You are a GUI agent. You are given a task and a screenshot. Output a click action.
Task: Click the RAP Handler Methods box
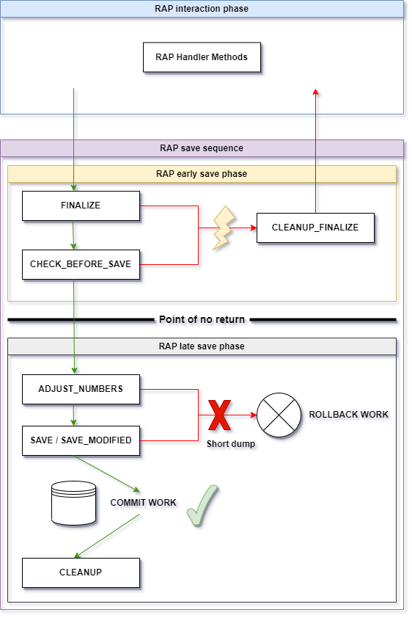[202, 57]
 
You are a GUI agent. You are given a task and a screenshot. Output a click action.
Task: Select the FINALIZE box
[81, 206]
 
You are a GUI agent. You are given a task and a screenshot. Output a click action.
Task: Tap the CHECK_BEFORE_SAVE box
[81, 264]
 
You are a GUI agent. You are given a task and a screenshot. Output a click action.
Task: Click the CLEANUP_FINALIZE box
[315, 228]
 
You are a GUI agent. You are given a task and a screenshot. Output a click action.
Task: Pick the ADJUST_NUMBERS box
[81, 390]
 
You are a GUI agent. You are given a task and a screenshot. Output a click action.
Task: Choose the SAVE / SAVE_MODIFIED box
[81, 440]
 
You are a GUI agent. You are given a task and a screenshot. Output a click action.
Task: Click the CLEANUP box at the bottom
[81, 572]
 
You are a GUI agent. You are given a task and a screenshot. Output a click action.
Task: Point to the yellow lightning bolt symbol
[224, 228]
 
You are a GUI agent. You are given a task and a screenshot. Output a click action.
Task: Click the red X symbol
[220, 415]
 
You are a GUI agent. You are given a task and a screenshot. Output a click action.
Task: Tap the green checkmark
[202, 506]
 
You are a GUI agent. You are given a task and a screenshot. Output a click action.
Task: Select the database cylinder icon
[73, 504]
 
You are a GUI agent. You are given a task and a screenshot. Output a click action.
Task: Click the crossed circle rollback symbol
[279, 415]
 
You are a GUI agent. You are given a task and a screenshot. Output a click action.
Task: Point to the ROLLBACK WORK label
[349, 415]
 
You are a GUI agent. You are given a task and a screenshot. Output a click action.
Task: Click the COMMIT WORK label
[143, 503]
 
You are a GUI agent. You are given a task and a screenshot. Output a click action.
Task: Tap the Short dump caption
[231, 444]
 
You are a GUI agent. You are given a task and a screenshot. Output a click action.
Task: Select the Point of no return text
[202, 319]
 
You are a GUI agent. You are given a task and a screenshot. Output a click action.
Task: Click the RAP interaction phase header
[202, 9]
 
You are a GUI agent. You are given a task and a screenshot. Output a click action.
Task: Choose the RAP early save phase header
[202, 174]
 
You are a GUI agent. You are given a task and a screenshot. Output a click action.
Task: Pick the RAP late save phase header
[202, 346]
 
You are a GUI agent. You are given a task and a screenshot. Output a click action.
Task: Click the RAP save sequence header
[202, 148]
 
